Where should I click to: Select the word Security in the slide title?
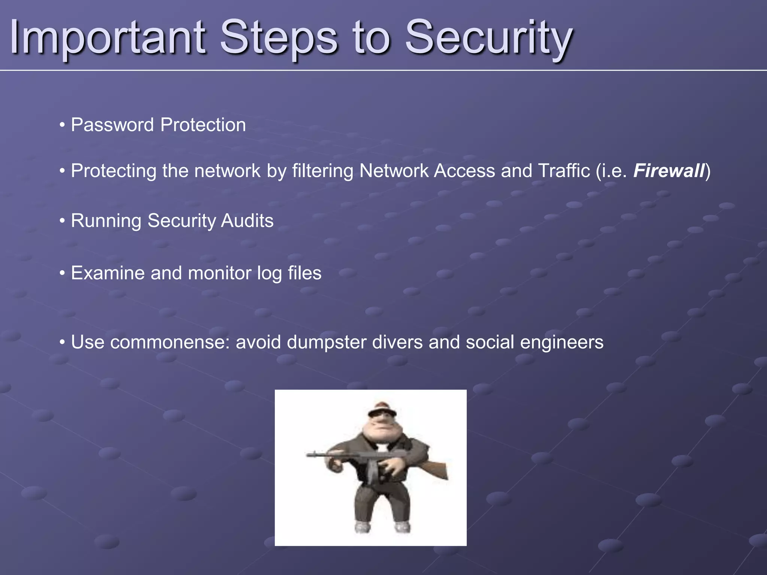point(488,37)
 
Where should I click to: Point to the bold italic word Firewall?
point(669,171)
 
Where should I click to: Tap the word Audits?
point(247,220)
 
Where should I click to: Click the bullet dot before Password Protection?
point(62,125)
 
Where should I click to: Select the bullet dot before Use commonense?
point(62,342)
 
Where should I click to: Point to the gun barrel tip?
point(308,455)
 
